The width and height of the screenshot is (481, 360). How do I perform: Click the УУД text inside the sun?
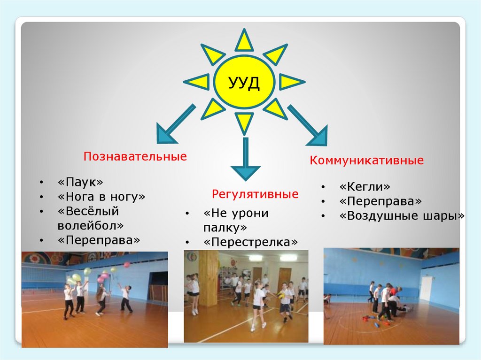243,83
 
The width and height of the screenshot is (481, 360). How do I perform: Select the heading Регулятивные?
255,194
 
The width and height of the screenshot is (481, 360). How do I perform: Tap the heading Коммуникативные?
366,161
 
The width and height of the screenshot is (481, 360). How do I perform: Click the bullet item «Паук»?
80,182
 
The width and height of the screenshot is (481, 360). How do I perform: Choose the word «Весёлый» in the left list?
88,211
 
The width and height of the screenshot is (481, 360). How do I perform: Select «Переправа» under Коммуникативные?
380,201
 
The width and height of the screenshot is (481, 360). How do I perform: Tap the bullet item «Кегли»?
365,186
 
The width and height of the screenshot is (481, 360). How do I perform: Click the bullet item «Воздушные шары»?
402,215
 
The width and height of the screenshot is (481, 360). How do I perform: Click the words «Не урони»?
236,213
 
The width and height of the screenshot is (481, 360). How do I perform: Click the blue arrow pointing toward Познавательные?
172,125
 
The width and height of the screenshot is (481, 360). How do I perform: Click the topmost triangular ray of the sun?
244,41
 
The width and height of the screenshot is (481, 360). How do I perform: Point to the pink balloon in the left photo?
126,265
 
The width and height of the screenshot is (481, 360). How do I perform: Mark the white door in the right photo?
427,288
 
